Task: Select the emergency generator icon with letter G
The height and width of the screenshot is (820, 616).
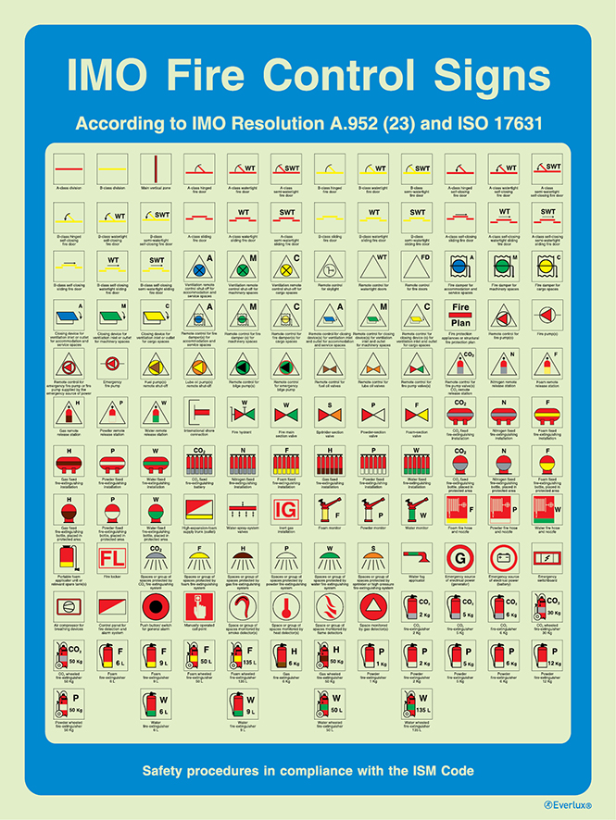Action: (463, 558)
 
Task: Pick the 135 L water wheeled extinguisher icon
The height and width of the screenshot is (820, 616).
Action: (419, 702)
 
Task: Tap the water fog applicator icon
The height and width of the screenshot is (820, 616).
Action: (419, 558)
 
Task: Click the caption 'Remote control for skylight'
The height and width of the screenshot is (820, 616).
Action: (331, 287)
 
